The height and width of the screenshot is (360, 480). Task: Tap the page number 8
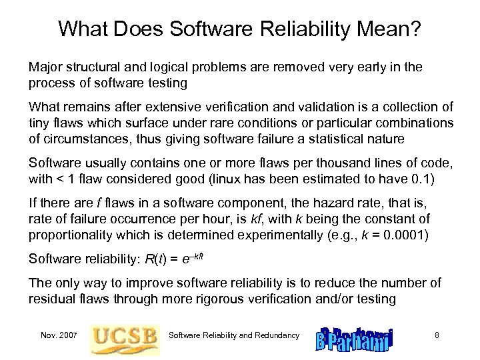click(437, 335)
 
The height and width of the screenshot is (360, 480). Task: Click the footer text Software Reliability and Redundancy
click(234, 335)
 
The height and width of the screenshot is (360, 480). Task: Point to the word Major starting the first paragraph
click(44, 68)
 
